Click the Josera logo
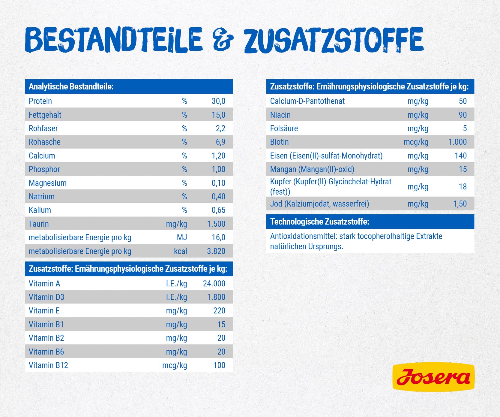433,377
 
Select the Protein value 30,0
218,101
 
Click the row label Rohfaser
43,128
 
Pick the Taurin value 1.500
216,224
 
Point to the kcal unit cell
180,251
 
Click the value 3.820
216,251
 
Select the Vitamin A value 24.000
214,284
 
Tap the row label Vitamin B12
48,365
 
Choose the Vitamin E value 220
219,311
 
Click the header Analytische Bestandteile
71,87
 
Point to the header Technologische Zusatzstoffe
319,222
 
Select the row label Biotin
279,142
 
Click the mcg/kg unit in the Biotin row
416,142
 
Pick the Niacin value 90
463,115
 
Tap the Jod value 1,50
460,204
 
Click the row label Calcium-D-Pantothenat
307,101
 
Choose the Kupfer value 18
463,187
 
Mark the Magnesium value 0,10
218,183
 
